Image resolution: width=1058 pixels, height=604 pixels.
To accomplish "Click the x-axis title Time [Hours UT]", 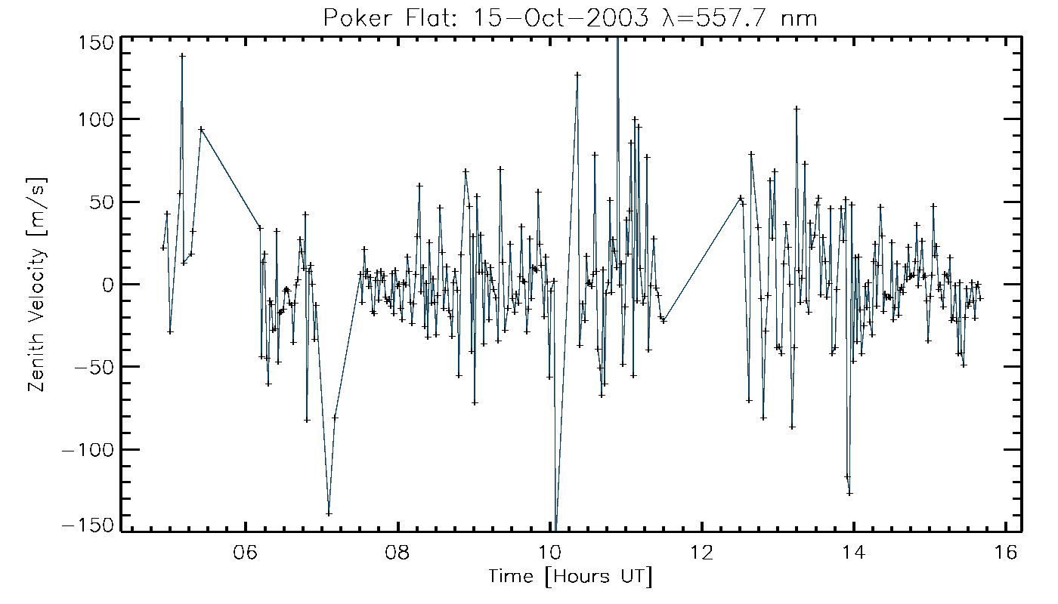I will (571, 578).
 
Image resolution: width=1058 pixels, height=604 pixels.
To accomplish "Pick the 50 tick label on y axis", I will (102, 202).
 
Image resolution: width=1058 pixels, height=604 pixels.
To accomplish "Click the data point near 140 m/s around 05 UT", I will (182, 55).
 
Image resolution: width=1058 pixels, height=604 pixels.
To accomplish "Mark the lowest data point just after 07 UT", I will (329, 514).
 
